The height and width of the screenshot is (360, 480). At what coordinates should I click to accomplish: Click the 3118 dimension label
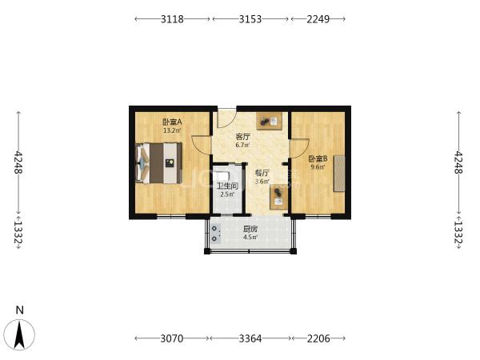pyautogui.click(x=172, y=19)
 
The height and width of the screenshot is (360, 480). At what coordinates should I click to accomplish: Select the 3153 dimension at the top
pyautogui.click(x=250, y=19)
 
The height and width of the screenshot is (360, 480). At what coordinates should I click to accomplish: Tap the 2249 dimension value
pyautogui.click(x=318, y=19)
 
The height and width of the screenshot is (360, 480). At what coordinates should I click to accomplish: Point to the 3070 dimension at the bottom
pyautogui.click(x=172, y=338)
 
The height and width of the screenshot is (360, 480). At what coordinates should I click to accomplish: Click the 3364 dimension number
pyautogui.click(x=250, y=338)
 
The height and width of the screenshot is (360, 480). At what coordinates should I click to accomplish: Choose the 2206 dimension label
pyautogui.click(x=318, y=338)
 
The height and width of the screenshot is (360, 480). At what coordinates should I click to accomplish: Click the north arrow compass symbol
pyautogui.click(x=19, y=335)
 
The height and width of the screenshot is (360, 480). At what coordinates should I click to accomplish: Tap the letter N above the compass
pyautogui.click(x=19, y=310)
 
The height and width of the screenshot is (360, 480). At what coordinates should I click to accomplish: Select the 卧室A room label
pyautogui.click(x=172, y=122)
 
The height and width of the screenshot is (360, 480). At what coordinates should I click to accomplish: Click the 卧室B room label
pyautogui.click(x=318, y=159)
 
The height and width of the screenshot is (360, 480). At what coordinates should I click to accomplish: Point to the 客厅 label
pyautogui.click(x=242, y=137)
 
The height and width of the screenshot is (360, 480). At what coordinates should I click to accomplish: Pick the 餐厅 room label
pyautogui.click(x=262, y=173)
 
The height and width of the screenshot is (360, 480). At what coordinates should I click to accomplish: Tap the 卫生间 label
pyautogui.click(x=227, y=186)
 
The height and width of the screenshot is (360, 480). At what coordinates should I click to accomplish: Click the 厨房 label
pyautogui.click(x=250, y=229)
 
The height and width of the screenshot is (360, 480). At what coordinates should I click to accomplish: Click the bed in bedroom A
pyautogui.click(x=158, y=163)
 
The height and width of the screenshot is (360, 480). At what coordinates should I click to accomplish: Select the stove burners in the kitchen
pyautogui.click(x=215, y=234)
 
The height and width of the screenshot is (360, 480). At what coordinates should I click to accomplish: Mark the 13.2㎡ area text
pyautogui.click(x=172, y=130)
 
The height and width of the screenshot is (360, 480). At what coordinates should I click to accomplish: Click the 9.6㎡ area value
pyautogui.click(x=318, y=167)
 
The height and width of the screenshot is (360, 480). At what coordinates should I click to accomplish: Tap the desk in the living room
pyautogui.click(x=269, y=122)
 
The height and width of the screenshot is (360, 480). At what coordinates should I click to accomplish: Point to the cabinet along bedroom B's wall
pyautogui.click(x=339, y=174)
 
